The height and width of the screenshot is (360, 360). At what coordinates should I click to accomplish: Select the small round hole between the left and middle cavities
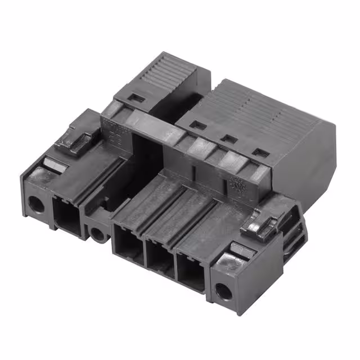pos(99,232)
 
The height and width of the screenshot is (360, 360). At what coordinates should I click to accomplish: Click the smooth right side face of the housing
pos(315,169)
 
